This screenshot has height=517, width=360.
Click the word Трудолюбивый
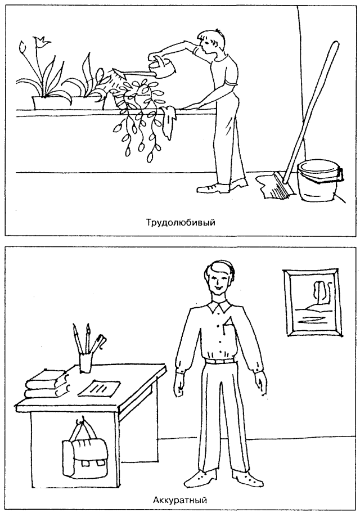181,222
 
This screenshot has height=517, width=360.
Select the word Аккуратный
180,500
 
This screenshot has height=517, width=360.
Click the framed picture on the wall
312,303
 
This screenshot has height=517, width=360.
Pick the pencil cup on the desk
85,363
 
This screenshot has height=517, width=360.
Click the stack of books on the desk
48,384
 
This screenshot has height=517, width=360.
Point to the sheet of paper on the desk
99,388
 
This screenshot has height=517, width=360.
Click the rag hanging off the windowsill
168,121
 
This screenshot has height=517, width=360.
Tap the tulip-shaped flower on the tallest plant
42,42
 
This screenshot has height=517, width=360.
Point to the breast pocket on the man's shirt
229,328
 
